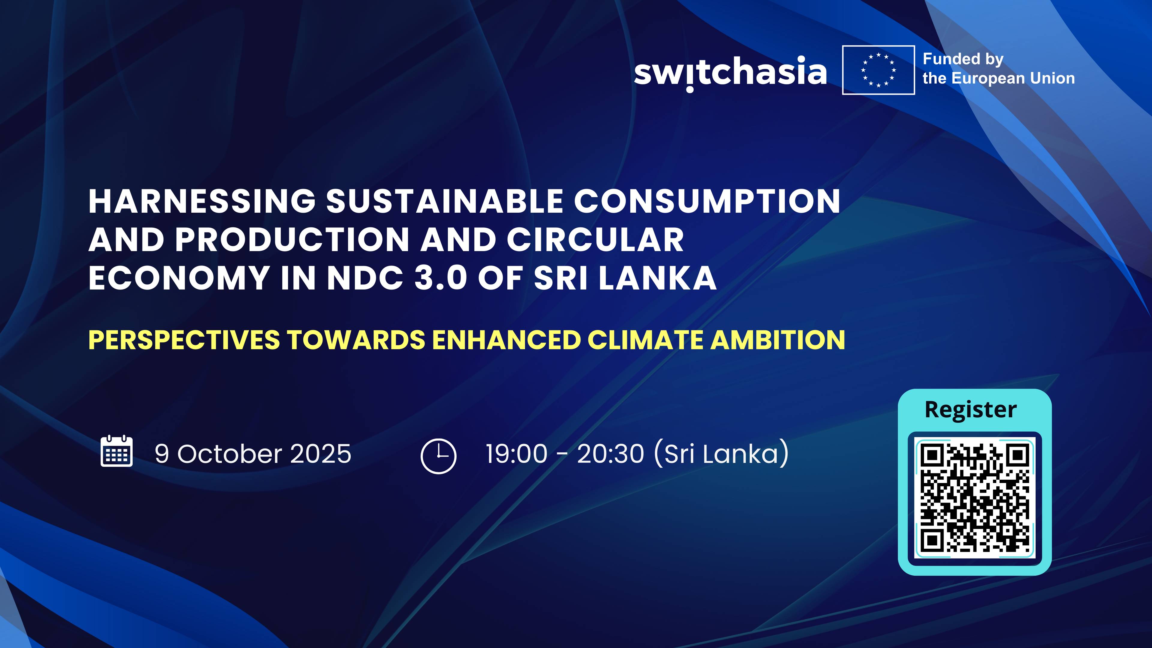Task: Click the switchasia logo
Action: [730, 72]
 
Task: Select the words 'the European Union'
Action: [998, 79]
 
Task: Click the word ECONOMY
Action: [179, 278]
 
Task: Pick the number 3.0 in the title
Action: [440, 278]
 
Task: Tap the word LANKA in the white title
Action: [657, 278]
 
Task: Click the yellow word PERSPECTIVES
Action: [184, 340]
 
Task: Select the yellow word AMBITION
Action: [777, 340]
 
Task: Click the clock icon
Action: [438, 456]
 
